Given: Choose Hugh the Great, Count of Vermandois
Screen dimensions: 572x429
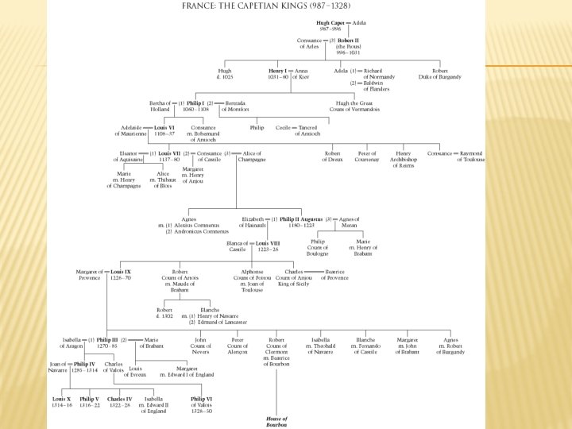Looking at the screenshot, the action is pyautogui.click(x=357, y=106).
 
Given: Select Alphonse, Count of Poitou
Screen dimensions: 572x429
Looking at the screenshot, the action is pyautogui.click(x=252, y=279).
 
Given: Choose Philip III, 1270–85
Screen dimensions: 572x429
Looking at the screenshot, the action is pyautogui.click(x=108, y=342).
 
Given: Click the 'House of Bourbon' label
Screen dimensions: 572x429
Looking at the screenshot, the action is pyautogui.click(x=276, y=422).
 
